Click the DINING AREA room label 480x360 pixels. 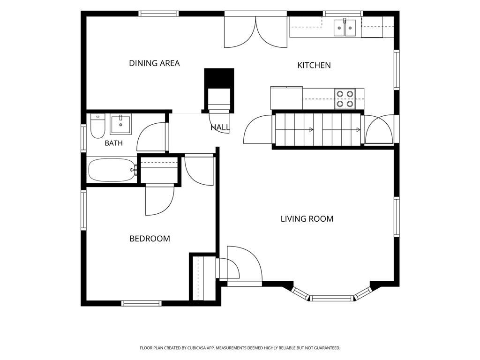[154, 63]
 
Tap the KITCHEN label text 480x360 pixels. [314, 65]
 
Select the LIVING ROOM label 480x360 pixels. [307, 219]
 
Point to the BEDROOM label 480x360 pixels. [150, 239]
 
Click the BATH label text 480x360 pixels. [113, 143]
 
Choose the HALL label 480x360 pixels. [220, 127]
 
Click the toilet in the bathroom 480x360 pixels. [97, 126]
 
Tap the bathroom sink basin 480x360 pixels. [120, 125]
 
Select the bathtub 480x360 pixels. [112, 170]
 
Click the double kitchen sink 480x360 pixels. [345, 28]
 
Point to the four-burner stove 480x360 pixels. [345, 99]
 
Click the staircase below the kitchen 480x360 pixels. [317, 129]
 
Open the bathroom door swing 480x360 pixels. [151, 137]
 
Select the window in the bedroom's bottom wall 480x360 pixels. [141, 303]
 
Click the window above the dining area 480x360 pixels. [158, 14]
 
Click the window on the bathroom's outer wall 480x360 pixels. [83, 138]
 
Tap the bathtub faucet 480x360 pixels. [135, 170]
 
